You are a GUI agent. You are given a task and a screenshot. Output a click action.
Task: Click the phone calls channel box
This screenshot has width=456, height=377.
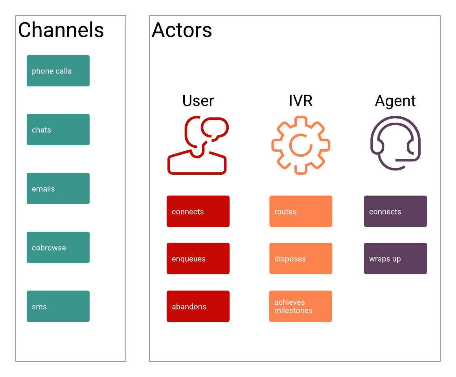point(58,71)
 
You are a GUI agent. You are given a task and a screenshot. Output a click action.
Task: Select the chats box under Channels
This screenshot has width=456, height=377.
point(58,130)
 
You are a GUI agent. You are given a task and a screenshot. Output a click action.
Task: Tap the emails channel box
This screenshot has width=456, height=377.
point(58,188)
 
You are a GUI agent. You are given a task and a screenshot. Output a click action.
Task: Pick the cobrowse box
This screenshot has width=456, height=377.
point(58,247)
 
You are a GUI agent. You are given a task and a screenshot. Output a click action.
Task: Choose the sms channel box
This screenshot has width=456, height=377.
point(58,306)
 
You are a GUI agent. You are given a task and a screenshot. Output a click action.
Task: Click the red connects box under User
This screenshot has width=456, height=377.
point(198,211)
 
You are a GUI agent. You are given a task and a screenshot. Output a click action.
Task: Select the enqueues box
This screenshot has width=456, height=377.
point(198,258)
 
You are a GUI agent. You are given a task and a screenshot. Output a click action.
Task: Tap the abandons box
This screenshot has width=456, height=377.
point(198,306)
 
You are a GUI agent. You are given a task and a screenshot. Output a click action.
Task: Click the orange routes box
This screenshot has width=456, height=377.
point(301,211)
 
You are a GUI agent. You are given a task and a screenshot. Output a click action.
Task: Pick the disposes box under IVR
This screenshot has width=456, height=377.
point(301,258)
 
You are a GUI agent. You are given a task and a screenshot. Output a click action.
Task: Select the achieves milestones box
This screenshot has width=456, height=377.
point(301,306)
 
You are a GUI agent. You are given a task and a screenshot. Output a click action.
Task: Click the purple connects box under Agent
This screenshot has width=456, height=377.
point(395,211)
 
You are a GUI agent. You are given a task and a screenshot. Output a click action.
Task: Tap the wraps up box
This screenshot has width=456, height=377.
point(395,258)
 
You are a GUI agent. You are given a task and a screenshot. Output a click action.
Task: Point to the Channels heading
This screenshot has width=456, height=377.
point(61,30)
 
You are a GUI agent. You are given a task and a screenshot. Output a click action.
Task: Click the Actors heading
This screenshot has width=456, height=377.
point(182,30)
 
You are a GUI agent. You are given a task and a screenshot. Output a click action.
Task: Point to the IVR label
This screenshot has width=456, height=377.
point(301,101)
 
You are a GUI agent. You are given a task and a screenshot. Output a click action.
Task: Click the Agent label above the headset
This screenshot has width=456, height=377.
point(395,101)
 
